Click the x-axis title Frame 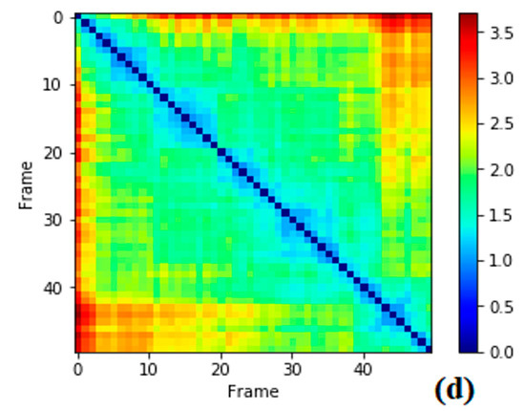point(253,392)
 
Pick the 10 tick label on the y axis point(53,85)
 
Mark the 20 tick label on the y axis point(53,153)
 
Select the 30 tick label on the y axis point(53,220)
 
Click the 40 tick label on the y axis point(53,288)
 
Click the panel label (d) point(454,390)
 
